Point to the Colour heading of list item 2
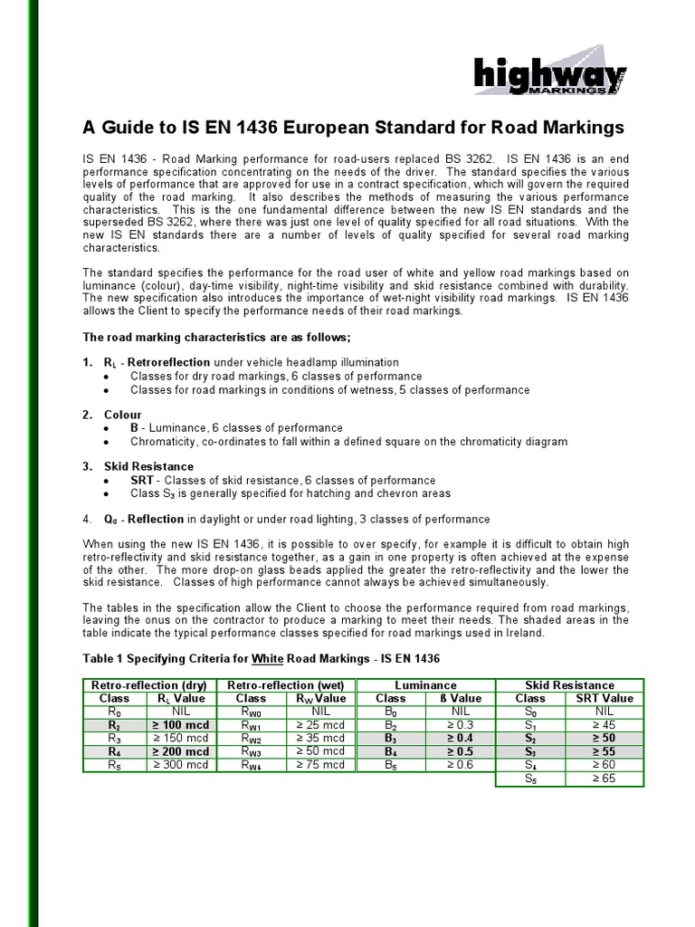pos(123,415)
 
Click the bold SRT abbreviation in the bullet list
pos(142,481)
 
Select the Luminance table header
pos(425,685)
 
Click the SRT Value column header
pos(604,698)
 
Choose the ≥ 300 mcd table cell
pos(182,765)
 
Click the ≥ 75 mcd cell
pos(320,765)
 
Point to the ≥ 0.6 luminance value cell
pos(461,765)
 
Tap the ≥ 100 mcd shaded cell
pos(182,725)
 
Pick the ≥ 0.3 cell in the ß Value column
pos(461,725)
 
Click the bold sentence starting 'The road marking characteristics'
pos(216,337)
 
